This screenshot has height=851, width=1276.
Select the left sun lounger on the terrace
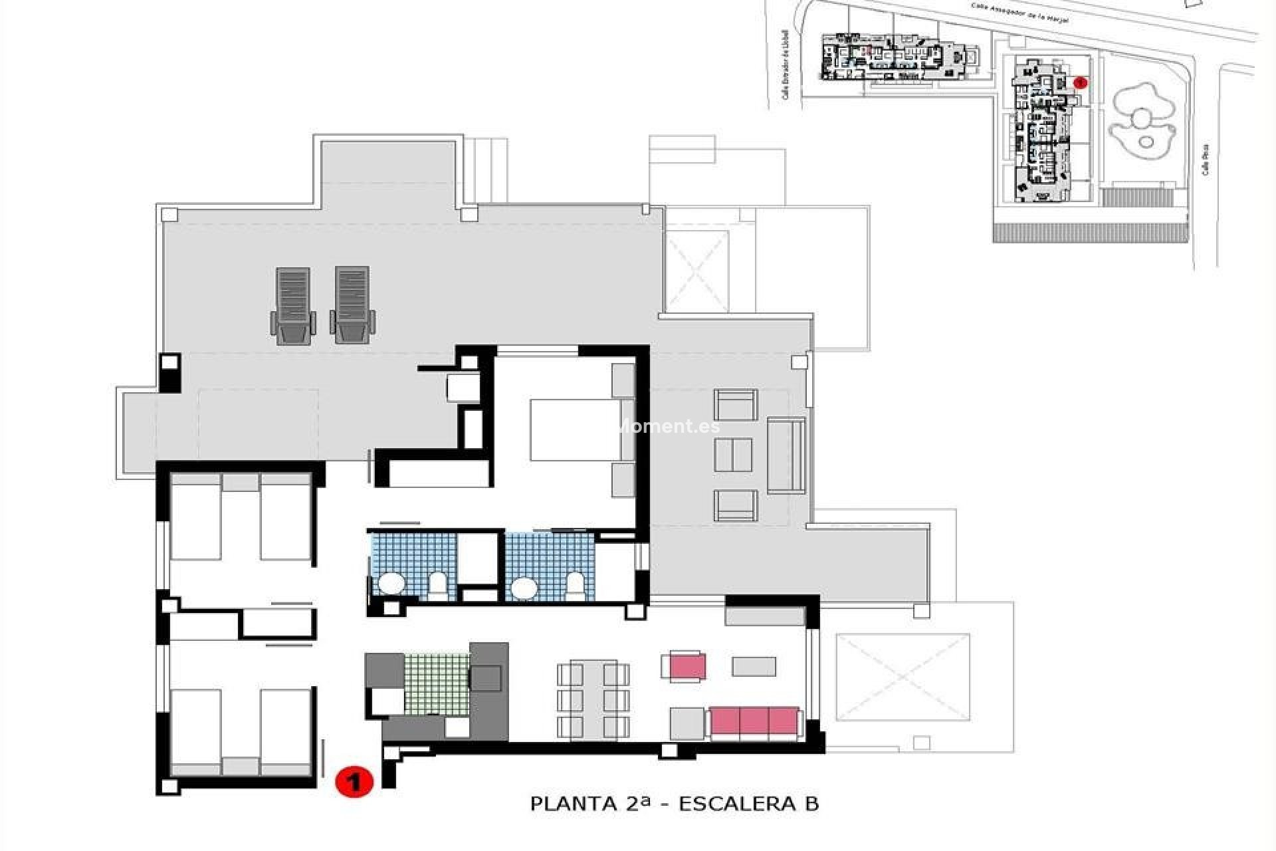click(292, 306)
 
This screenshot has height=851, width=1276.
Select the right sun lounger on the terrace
click(352, 306)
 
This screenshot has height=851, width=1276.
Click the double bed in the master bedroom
click(576, 429)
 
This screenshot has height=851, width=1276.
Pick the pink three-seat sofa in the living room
click(754, 724)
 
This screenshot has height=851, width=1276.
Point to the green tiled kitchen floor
click(437, 684)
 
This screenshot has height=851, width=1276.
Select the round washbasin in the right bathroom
click(525, 588)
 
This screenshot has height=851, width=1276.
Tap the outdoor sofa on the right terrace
click(786, 455)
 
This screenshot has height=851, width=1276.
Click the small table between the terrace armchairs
click(734, 455)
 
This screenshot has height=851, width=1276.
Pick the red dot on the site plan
click(1081, 82)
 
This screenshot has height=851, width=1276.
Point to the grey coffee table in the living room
click(754, 666)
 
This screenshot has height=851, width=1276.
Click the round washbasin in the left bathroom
click(391, 586)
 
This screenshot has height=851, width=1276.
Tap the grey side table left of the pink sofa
click(687, 724)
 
